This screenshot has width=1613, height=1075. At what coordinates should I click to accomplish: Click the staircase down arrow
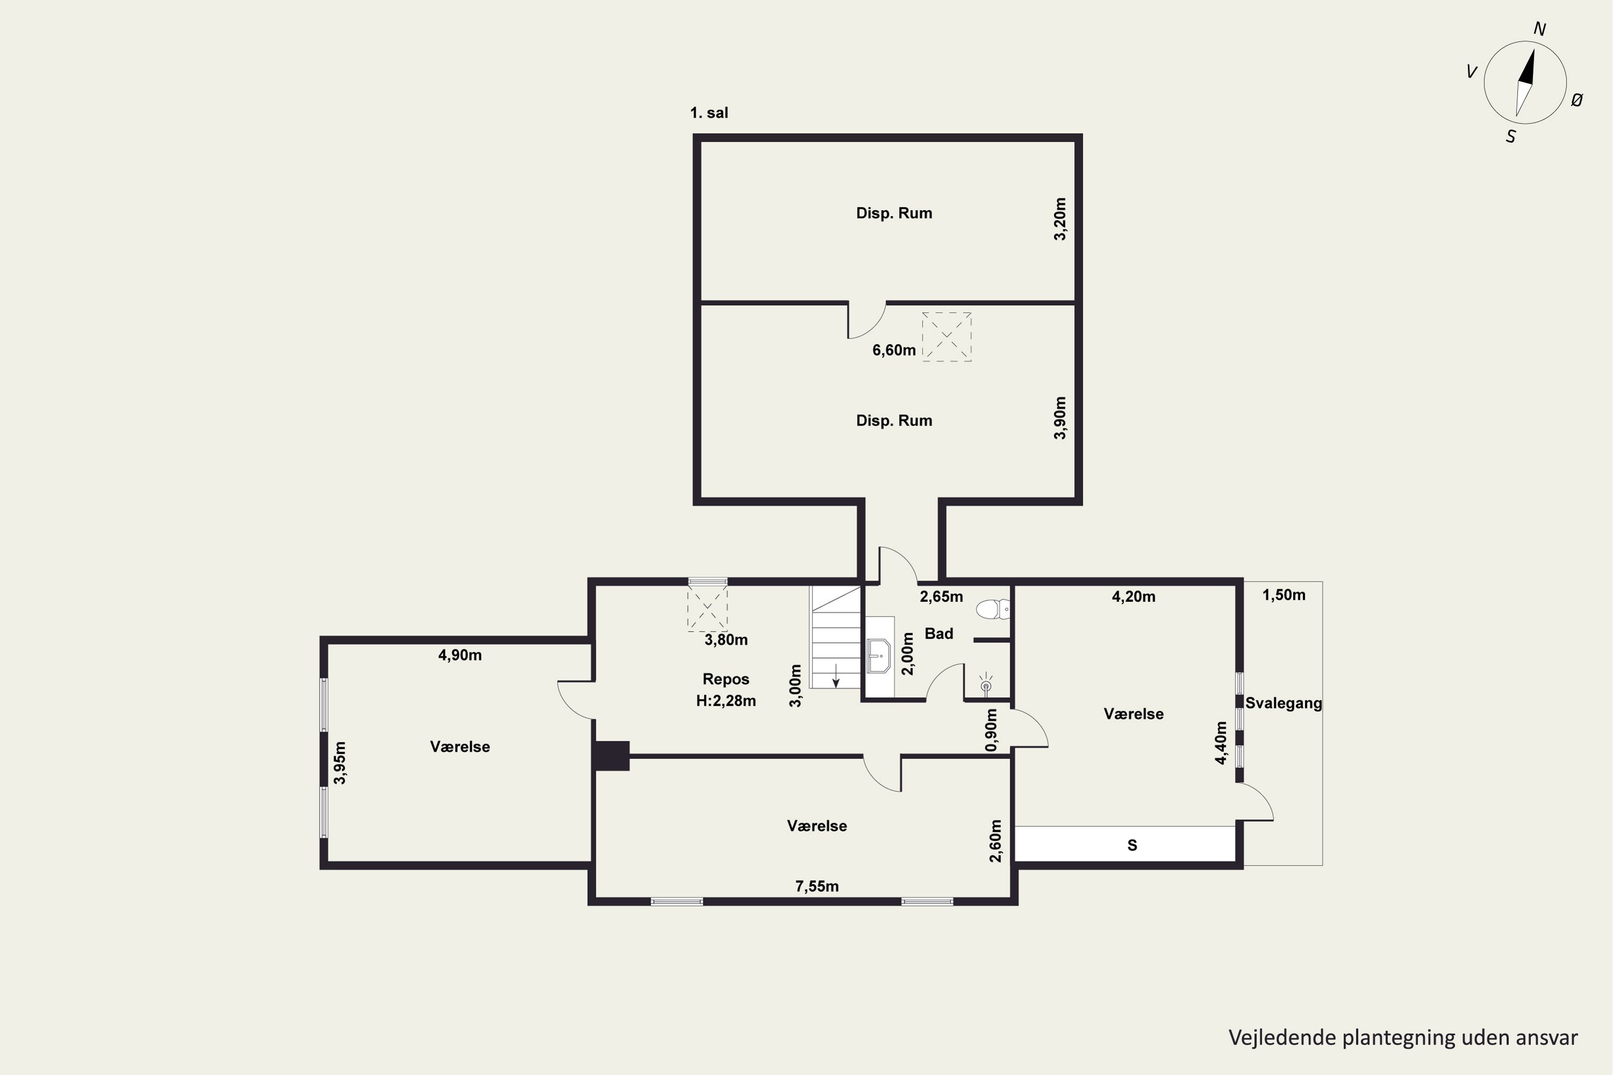tap(836, 675)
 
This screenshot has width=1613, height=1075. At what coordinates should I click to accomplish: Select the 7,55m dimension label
tap(817, 886)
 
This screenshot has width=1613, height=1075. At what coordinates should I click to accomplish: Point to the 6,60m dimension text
tap(894, 350)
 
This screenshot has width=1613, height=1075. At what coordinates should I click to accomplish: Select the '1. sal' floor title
tap(709, 113)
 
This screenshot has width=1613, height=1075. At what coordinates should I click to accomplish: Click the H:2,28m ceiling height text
tap(725, 701)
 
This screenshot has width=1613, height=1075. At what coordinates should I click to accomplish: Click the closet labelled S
tap(1125, 844)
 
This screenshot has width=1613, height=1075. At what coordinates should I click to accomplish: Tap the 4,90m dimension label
tap(460, 655)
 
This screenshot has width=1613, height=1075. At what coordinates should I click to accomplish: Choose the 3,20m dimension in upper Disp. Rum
tap(1060, 219)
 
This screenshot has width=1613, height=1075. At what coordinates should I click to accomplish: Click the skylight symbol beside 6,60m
tap(946, 336)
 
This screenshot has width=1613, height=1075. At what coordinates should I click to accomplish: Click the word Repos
tap(725, 679)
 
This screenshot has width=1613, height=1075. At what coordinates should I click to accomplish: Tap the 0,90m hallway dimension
tap(991, 729)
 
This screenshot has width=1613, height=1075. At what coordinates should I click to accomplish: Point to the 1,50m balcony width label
tap(1284, 595)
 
